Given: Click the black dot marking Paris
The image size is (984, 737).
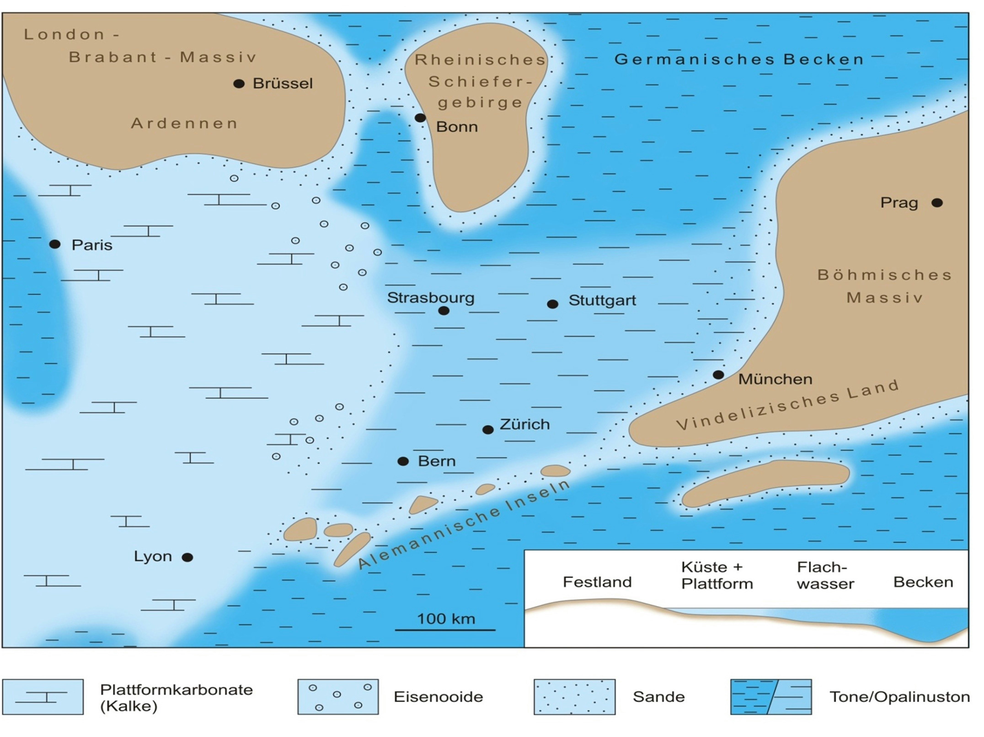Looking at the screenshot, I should (55, 244).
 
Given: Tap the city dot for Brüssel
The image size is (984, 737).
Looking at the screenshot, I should (239, 84).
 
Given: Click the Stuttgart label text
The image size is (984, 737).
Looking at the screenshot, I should (602, 300).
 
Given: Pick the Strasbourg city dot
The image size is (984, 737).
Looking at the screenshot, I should (444, 311).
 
